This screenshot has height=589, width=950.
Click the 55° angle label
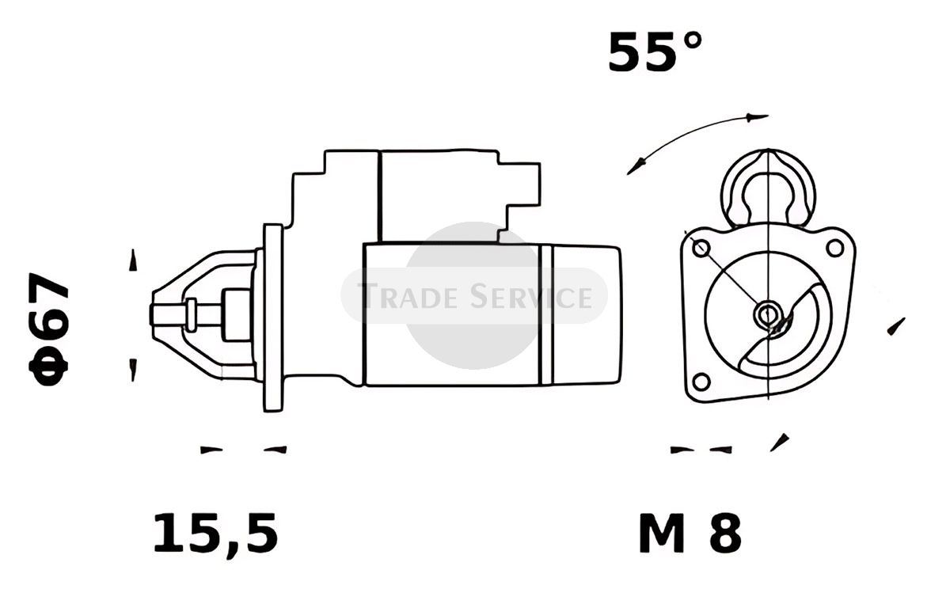coord(655,51)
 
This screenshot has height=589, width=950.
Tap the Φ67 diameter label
coord(48,329)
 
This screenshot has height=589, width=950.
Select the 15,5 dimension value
coord(215,534)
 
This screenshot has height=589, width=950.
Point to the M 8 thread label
coord(690,533)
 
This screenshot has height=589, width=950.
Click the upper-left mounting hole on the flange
coord(701,248)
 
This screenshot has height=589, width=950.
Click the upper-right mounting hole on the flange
coord(835,248)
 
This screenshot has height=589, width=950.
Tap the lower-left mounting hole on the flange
coord(701,382)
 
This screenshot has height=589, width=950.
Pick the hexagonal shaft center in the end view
coord(767,314)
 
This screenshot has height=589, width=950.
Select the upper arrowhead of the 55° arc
coord(757,117)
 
